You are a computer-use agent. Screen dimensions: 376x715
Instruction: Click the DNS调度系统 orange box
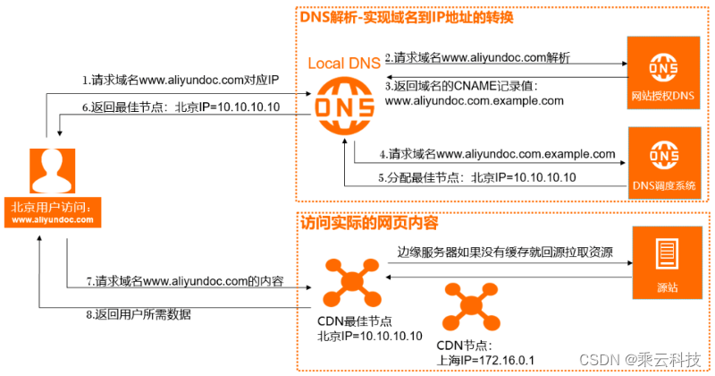click(663, 161)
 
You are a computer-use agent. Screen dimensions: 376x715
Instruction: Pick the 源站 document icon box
click(666, 263)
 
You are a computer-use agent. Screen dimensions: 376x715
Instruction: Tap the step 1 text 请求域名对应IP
click(181, 81)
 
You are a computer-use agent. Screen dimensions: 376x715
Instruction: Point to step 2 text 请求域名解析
click(478, 57)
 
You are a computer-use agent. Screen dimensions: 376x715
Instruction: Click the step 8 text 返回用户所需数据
click(139, 313)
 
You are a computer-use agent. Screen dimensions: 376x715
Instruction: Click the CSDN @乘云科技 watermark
click(649, 360)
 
